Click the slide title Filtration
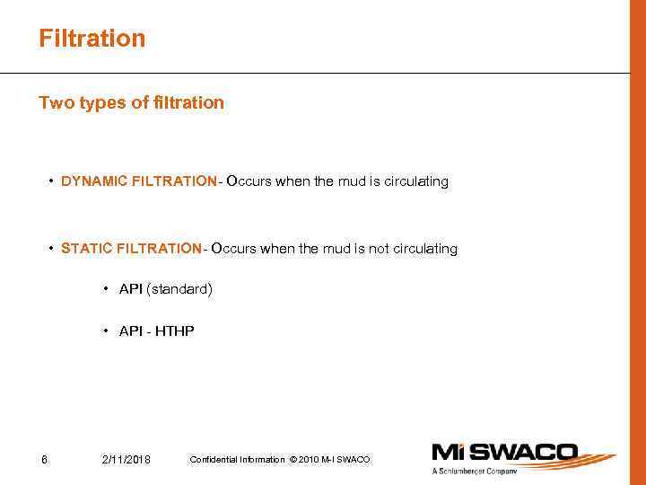[92, 39]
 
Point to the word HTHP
[175, 331]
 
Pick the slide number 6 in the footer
[44, 460]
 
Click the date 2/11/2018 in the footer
[127, 460]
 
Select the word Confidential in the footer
[214, 460]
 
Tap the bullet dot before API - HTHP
[106, 331]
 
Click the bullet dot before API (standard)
[106, 289]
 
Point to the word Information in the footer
[261, 460]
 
